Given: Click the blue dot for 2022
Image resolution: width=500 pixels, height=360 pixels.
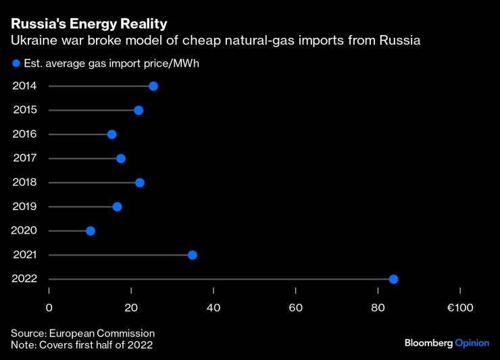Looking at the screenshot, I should pos(394,280).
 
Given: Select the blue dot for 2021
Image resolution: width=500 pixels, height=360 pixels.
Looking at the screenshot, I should pos(193,255).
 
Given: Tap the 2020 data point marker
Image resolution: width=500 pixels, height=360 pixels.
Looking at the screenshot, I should pos(91,231).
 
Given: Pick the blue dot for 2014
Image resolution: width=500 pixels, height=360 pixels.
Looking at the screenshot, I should pos(153,86).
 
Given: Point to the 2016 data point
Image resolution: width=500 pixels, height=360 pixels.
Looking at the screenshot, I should pos(112,134).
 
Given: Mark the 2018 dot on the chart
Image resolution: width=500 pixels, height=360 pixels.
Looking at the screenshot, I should pos(140,182).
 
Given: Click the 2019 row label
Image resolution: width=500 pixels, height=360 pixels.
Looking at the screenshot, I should pos(24,207).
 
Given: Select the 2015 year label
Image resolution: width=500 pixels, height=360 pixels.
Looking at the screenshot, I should pos(24,110).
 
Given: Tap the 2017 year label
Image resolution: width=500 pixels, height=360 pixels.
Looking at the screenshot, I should pos(24,158).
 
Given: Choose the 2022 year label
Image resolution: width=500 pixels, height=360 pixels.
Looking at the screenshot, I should pos(24,279).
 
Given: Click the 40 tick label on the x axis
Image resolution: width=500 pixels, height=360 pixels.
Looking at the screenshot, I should pos(214,309).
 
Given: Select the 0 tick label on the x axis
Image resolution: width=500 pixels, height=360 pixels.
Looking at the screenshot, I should pos(49,309).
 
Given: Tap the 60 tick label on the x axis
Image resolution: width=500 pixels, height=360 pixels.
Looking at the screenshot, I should pos(296,309).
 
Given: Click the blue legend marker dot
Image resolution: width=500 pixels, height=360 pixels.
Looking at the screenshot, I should pos(15,64).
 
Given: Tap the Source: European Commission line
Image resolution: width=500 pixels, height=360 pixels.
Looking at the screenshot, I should pos(82,334).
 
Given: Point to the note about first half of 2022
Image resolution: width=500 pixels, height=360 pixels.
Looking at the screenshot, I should pos(81,345).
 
